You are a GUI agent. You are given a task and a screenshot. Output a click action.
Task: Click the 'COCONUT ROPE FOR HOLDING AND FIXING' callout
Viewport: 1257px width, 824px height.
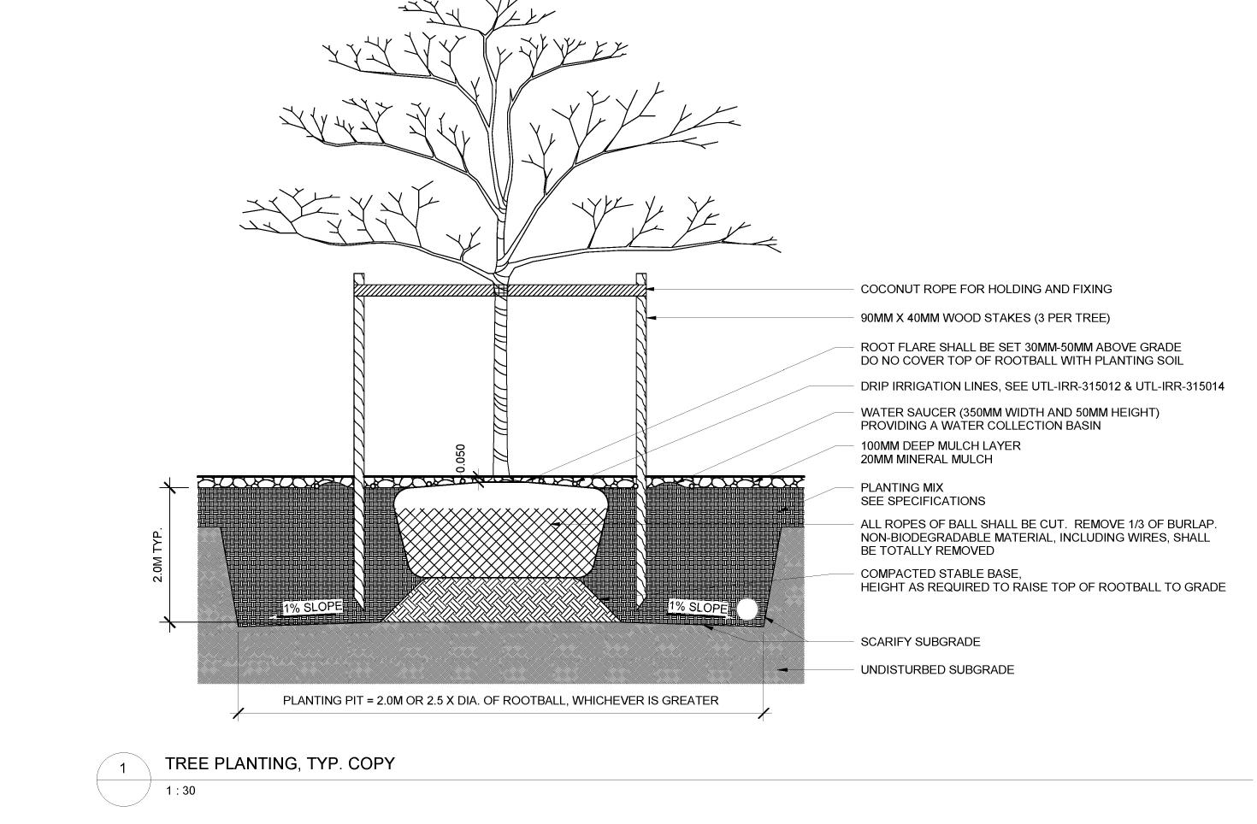[986, 290]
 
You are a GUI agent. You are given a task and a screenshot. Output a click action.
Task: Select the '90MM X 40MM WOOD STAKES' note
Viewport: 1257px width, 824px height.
[985, 319]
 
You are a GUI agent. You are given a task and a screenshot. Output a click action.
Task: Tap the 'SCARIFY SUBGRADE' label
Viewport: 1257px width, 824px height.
[920, 642]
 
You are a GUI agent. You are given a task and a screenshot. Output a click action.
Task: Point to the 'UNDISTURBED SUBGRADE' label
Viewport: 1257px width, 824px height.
[937, 670]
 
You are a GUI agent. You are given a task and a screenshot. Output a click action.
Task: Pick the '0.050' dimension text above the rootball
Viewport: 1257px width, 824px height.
[461, 458]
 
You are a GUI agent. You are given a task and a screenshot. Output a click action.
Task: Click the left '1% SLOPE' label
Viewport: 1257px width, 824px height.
[313, 607]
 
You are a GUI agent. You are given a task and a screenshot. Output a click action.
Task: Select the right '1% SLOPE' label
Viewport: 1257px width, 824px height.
[698, 607]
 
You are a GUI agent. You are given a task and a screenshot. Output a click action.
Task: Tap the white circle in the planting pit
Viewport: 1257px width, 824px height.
[747, 609]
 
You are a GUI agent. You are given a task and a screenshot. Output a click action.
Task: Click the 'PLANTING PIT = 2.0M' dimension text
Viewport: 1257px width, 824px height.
[500, 701]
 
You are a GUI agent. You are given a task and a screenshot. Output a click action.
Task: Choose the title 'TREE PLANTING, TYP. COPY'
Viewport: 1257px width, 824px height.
[280, 763]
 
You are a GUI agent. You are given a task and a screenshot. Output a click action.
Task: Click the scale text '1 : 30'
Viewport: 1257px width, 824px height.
[180, 791]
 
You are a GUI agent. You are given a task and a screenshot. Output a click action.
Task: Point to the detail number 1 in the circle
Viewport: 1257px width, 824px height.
[122, 768]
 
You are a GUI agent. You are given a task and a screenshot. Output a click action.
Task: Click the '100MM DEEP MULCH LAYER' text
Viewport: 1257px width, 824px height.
[941, 446]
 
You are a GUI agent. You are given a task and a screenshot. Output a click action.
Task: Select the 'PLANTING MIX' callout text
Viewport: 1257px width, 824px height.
[901, 488]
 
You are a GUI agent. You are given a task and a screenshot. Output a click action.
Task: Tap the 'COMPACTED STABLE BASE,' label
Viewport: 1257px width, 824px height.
[941, 574]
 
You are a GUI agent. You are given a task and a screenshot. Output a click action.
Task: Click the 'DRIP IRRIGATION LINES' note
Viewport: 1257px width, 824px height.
[1042, 386]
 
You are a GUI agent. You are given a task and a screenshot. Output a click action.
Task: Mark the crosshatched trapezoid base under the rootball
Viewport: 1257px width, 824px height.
[500, 599]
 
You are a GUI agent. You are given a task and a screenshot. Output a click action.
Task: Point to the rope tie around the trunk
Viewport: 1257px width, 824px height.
[500, 291]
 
